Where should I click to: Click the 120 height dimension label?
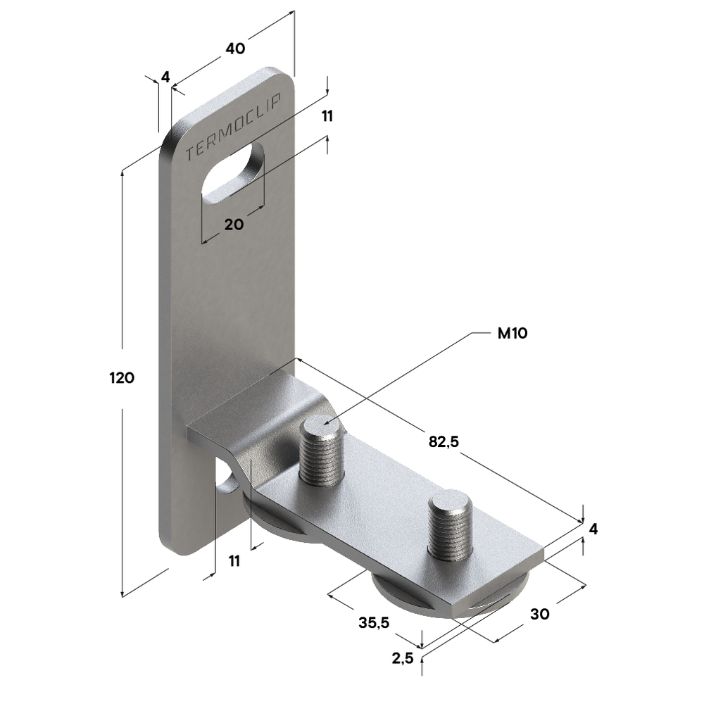point(122,378)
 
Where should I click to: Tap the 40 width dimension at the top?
point(235,49)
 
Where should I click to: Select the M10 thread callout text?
point(513,333)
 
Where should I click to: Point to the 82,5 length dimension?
point(444,442)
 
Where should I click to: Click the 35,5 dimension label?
point(374,622)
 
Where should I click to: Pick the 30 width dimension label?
point(540,614)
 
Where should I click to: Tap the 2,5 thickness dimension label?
point(402,658)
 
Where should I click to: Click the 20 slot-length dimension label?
point(234,224)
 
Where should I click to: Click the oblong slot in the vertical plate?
point(232,174)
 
